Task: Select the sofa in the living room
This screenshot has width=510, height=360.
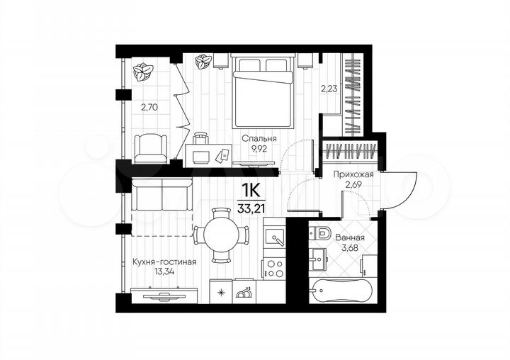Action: tap(162, 193)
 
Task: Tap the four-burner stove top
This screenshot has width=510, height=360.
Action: tap(273, 269)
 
